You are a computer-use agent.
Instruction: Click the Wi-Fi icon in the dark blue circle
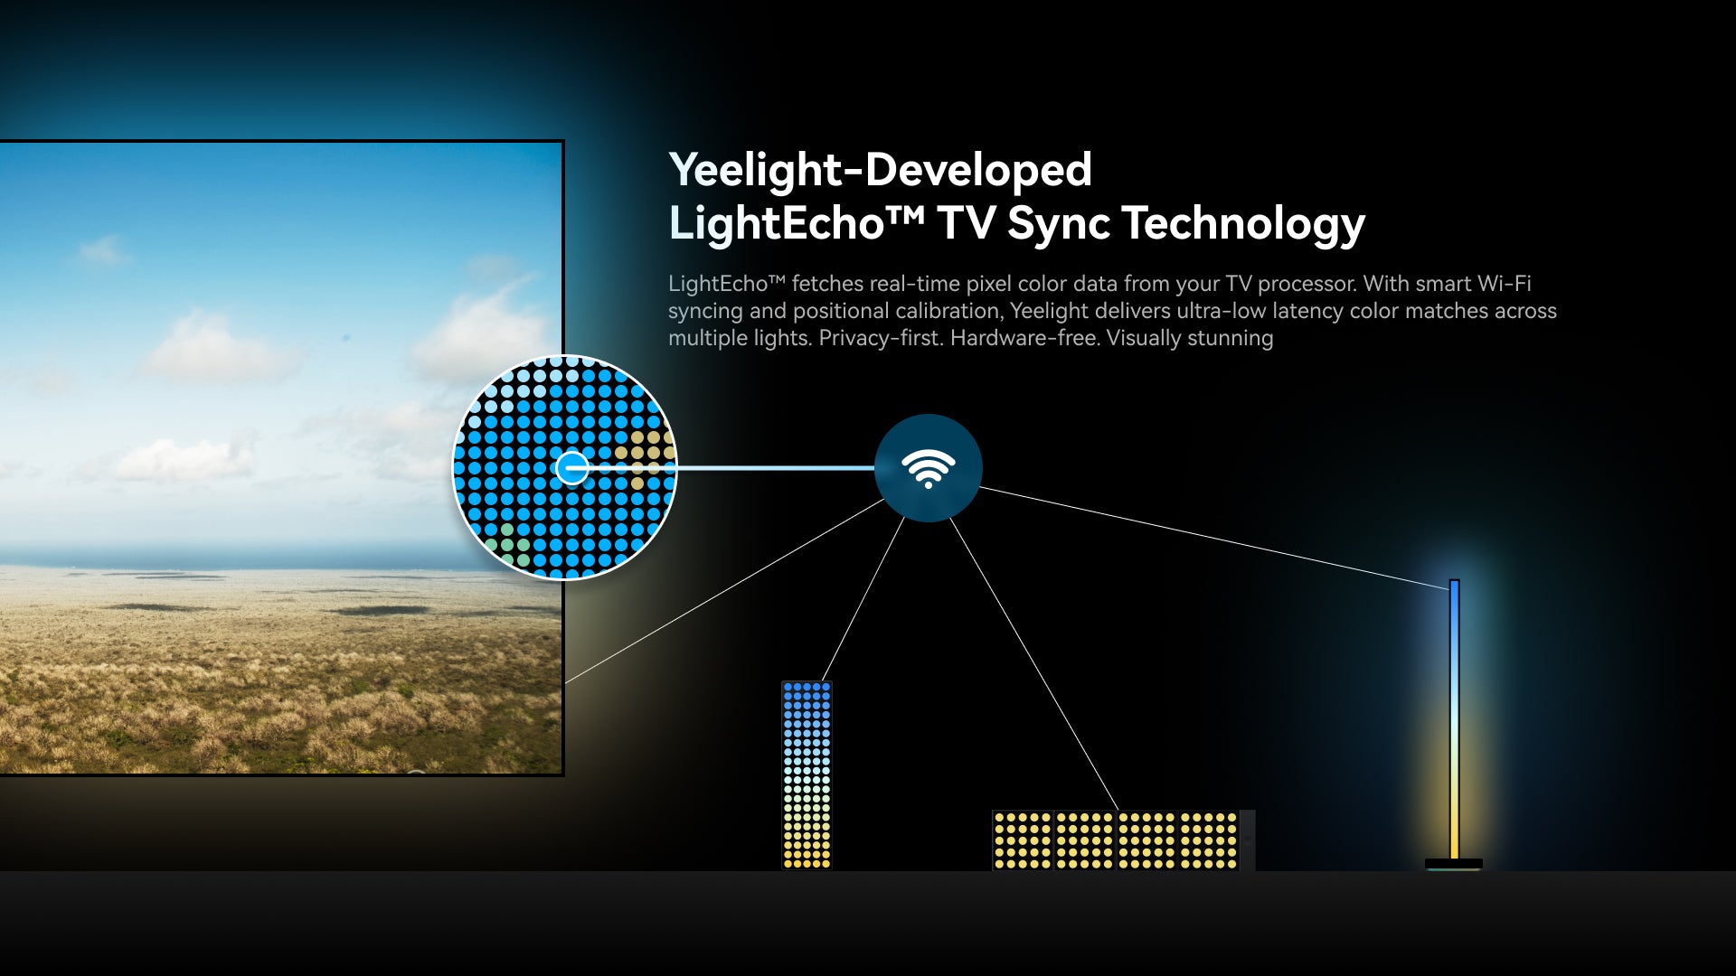click(x=928, y=468)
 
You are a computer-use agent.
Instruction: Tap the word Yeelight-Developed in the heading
click(x=881, y=170)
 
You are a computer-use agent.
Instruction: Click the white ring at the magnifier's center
click(x=571, y=468)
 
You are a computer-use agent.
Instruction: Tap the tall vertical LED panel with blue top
click(x=807, y=775)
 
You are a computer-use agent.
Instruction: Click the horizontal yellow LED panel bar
click(x=1116, y=840)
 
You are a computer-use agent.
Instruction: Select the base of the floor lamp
click(x=1454, y=864)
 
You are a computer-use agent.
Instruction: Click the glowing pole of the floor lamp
click(x=1455, y=719)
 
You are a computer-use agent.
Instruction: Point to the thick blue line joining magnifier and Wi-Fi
click(x=731, y=468)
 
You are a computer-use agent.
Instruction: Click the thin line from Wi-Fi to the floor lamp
click(x=1214, y=539)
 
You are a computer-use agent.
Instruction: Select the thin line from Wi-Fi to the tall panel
click(x=863, y=599)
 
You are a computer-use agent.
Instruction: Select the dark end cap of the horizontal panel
click(x=1248, y=840)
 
